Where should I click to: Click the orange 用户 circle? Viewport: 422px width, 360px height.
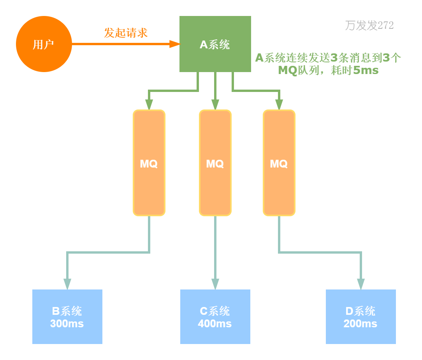click(44, 44)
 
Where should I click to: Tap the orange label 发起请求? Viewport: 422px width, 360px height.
click(126, 33)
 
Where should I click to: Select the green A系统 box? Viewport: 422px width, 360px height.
click(215, 44)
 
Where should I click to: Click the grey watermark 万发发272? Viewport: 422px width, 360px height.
click(369, 26)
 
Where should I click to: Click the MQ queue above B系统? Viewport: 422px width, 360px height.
click(149, 163)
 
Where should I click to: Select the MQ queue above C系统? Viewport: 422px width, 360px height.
click(215, 163)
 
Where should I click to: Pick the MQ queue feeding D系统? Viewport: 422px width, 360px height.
click(279, 163)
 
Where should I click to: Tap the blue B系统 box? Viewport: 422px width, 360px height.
click(67, 316)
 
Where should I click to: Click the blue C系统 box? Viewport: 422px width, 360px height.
click(215, 316)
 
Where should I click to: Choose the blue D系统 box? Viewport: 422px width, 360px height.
click(360, 316)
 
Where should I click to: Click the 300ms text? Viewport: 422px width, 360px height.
click(67, 324)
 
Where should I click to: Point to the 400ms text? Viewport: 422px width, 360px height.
click(215, 324)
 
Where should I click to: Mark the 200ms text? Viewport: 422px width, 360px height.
click(360, 324)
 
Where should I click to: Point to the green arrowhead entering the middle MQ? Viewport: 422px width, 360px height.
click(215, 104)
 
